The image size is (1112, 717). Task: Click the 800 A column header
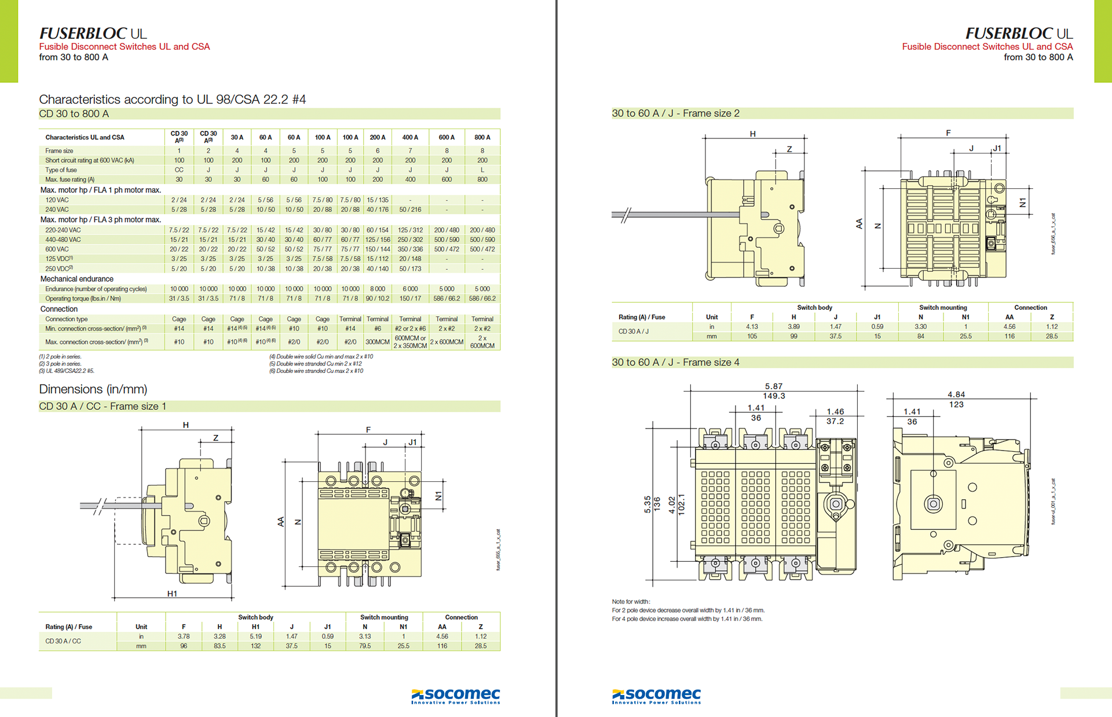tap(482, 138)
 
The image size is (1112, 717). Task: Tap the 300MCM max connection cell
tap(378, 342)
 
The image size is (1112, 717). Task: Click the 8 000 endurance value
tap(378, 289)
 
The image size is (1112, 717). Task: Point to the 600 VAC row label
tap(57, 250)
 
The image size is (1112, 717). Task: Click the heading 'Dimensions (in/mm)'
tap(93, 389)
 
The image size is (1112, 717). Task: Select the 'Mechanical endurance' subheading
tap(77, 279)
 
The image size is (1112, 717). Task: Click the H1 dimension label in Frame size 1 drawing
tap(172, 594)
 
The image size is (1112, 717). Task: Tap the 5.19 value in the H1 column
tap(255, 636)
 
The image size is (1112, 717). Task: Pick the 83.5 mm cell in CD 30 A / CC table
tap(220, 646)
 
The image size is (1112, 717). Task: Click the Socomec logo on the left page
tap(455, 696)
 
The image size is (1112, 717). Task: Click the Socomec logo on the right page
tap(656, 696)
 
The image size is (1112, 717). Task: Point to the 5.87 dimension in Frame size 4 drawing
tap(774, 386)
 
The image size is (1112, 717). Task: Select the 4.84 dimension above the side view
tap(956, 394)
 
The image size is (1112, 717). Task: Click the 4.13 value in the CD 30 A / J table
tap(752, 327)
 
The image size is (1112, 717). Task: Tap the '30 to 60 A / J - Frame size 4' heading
tap(675, 363)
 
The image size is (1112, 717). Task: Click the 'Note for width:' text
tap(631, 602)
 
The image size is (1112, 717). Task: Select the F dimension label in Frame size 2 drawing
tap(948, 133)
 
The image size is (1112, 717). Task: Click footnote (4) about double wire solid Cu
tap(321, 357)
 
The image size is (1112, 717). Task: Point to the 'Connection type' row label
tap(67, 319)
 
